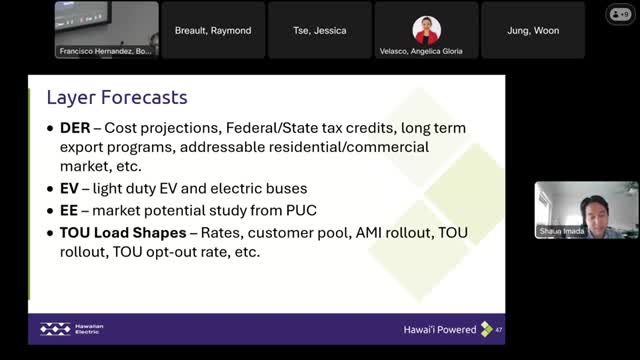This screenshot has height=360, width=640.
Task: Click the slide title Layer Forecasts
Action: tap(118, 98)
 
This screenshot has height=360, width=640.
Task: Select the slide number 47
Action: tap(498, 329)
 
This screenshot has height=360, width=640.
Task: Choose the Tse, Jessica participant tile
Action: tap(320, 31)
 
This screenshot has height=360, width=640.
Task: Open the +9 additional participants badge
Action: tap(621, 14)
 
